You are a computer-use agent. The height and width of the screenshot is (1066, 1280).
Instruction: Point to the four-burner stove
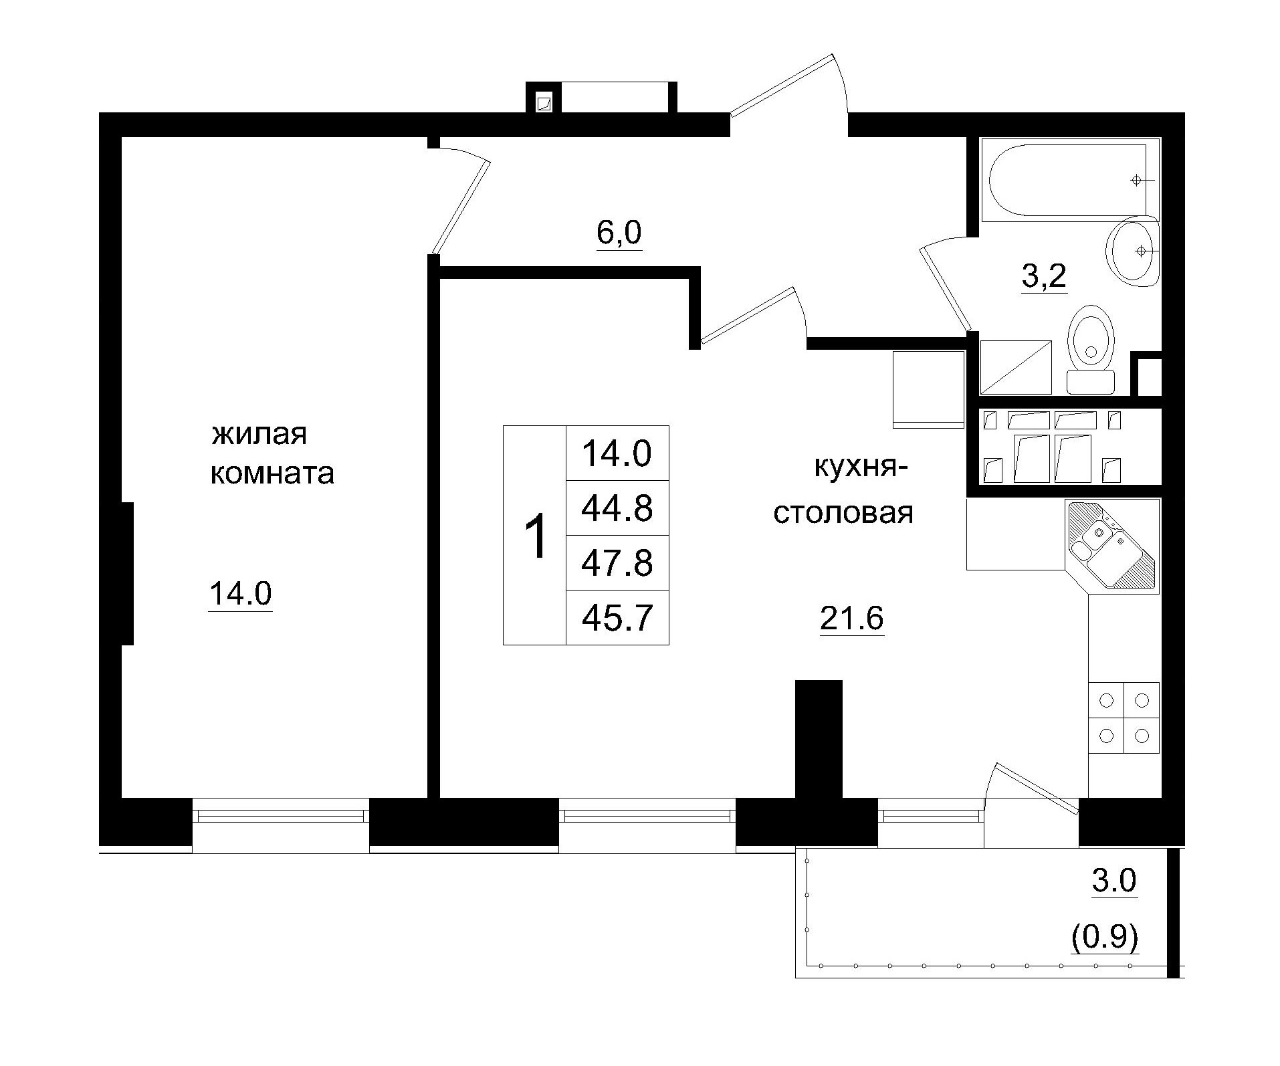1124,718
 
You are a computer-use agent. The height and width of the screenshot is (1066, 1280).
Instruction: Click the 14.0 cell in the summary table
617,453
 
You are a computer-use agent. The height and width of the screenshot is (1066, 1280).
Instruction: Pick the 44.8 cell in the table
617,508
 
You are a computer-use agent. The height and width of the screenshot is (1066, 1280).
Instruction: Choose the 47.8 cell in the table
617,563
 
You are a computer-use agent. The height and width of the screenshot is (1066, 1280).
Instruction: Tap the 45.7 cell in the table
617,618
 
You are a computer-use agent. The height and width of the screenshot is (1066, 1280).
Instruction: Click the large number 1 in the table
534,536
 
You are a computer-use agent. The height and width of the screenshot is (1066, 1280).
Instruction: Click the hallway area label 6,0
619,233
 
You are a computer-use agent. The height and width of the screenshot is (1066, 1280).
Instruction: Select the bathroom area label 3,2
1043,276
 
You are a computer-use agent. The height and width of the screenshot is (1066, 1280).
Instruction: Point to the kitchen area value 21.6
851,619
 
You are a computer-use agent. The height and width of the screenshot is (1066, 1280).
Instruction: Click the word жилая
259,435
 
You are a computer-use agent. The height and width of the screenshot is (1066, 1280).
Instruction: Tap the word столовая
843,514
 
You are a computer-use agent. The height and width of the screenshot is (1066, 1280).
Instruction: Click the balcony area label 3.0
1113,881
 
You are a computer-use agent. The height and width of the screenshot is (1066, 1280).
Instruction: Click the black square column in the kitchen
818,736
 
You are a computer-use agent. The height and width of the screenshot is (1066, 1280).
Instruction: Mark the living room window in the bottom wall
281,815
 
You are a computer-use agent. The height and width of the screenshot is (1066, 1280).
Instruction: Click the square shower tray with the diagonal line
1015,367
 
